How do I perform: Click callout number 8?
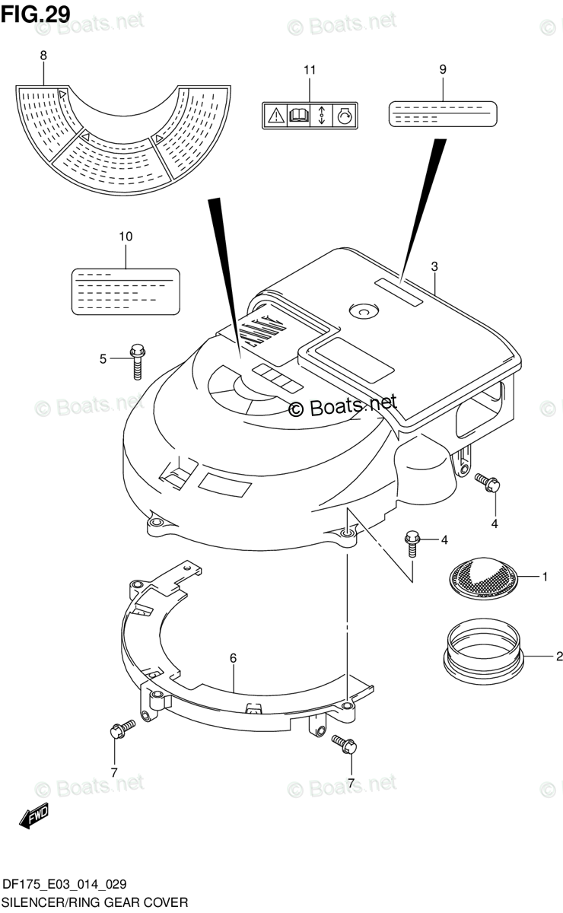[x=43, y=56]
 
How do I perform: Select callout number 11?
[x=309, y=71]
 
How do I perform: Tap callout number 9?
[x=442, y=69]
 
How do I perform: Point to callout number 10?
[x=126, y=237]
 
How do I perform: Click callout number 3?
[x=434, y=266]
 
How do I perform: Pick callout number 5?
[x=103, y=358]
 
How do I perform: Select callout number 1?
[x=545, y=577]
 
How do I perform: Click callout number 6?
[x=234, y=658]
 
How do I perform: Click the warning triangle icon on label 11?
[x=275, y=116]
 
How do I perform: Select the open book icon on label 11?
[x=298, y=116]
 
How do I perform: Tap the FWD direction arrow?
[x=35, y=817]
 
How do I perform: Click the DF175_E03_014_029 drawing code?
[x=65, y=884]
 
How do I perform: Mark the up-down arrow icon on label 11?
[x=321, y=116]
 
